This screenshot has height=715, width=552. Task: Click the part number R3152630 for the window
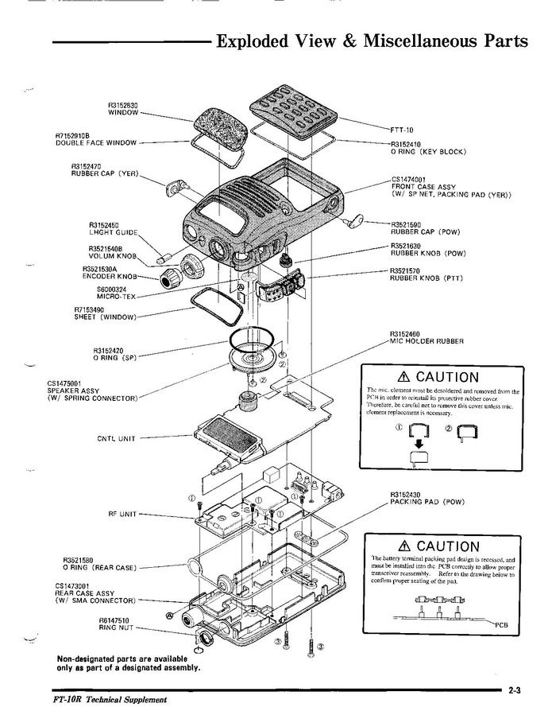(123, 105)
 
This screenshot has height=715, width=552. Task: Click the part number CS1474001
(409, 179)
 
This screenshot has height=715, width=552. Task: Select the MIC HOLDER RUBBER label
(427, 340)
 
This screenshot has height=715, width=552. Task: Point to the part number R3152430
(406, 495)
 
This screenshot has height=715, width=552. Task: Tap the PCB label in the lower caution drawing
(500, 624)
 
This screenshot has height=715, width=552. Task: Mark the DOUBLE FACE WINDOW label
(96, 143)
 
